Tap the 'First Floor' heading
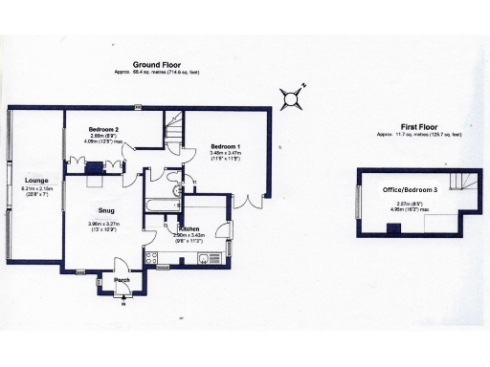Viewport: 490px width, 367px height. coord(417,126)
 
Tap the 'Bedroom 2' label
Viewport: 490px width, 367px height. coord(103,129)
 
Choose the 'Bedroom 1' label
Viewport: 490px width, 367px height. coord(225,145)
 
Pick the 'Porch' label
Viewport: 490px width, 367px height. coord(122,278)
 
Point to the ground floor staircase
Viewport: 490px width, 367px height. coord(173,125)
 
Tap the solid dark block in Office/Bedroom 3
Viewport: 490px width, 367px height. coord(393,227)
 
